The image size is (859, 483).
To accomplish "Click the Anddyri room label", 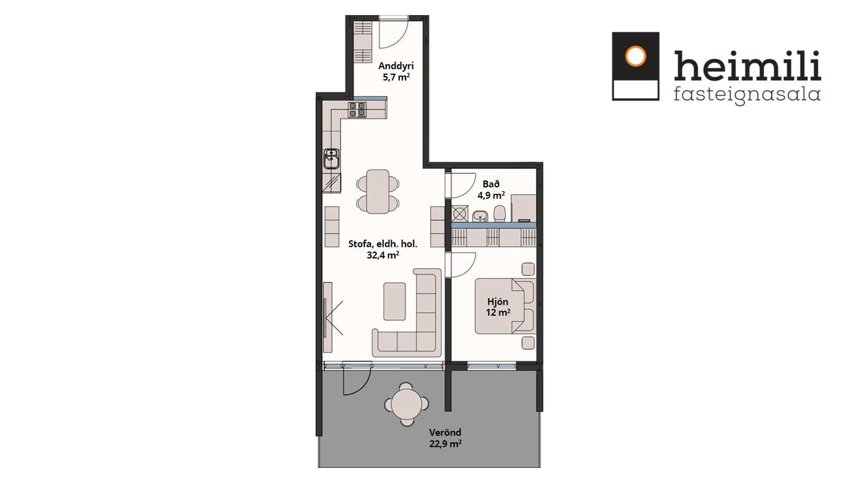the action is (396, 66).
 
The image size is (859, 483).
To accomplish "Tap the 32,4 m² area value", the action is (383, 255).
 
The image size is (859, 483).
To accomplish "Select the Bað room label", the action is (491, 184).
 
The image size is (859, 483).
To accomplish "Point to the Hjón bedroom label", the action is (498, 301).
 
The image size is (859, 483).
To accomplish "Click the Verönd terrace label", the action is (445, 433).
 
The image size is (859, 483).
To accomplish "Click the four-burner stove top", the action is (357, 109).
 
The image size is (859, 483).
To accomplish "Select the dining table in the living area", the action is (378, 192).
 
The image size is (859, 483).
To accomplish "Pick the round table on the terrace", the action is (406, 404).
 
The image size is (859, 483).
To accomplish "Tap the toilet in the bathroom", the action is (499, 213).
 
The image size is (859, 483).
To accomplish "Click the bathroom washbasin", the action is (480, 216).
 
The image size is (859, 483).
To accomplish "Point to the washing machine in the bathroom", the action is (460, 214).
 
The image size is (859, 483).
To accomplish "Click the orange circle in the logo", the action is (635, 56).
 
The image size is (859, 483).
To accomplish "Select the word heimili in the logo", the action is (748, 65).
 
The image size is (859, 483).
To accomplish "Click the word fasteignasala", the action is (747, 95).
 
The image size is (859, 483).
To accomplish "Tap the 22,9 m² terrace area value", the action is (445, 444).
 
